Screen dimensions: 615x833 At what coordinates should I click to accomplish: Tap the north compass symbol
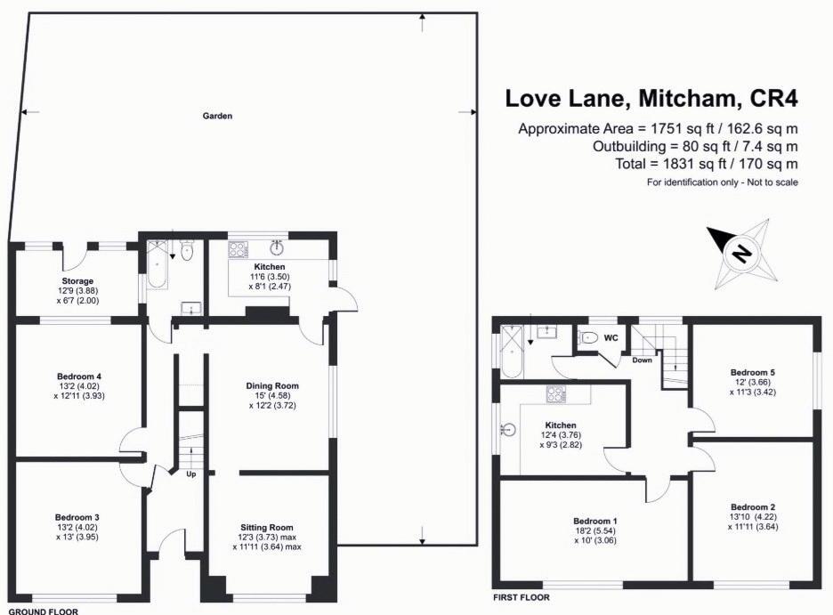coord(740,254)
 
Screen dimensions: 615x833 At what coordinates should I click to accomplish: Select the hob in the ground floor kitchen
coord(239,250)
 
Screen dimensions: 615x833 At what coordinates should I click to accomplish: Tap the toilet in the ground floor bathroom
coord(185,254)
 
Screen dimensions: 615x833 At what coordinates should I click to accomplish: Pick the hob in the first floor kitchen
coord(557,394)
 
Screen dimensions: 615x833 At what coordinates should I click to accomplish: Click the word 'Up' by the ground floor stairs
coord(190,473)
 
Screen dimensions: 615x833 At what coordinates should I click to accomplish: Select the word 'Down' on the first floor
coord(643,360)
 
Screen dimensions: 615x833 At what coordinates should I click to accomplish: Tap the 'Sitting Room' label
coord(267,527)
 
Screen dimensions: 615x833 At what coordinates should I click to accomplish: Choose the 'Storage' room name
coord(77,281)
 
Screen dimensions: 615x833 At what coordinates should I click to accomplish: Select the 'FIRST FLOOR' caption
coord(521,597)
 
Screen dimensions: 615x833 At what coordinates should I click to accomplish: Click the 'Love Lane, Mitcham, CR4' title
coord(652,97)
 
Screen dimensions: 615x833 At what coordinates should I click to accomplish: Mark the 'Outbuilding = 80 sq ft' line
coord(695,146)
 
